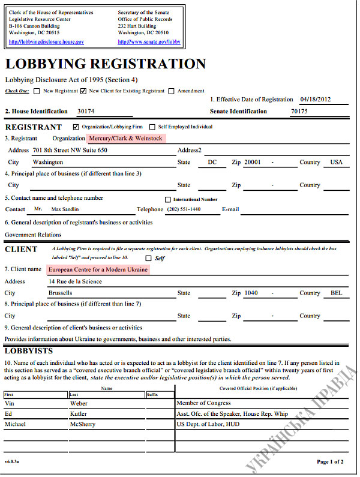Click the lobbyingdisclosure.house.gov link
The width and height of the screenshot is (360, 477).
click(46, 42)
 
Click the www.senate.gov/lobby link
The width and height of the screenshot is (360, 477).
click(149, 42)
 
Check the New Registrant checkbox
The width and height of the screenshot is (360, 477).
click(37, 91)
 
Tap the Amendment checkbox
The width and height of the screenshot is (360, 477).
click(172, 91)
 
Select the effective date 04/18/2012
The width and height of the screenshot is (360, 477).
click(315, 100)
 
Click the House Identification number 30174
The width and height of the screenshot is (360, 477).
click(86, 112)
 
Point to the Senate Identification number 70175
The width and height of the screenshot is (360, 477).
click(299, 112)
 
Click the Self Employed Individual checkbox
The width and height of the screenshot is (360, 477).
click(152, 127)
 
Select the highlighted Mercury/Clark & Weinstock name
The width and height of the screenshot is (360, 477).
click(125, 139)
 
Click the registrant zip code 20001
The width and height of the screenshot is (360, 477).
click(252, 162)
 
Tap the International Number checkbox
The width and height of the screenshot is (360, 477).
click(168, 200)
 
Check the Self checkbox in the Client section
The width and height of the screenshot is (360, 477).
click(149, 258)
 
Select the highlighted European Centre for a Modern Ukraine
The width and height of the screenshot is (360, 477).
click(98, 270)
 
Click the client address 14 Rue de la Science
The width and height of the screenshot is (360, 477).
click(75, 281)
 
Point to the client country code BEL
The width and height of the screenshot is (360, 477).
click(337, 293)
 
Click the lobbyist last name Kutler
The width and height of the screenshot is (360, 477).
click(79, 414)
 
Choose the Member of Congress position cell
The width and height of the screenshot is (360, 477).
click(202, 403)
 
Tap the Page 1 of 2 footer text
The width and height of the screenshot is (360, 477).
click(329, 461)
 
